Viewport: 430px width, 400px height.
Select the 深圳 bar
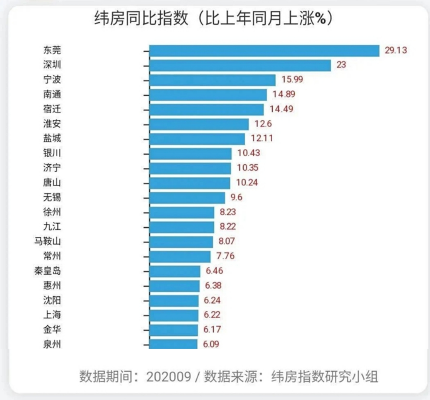pyautogui.click(x=240, y=65)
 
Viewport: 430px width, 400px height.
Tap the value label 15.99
pyautogui.click(x=292, y=79)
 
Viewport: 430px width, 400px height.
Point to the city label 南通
pyautogui.click(x=52, y=94)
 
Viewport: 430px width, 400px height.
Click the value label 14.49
pyautogui.click(x=281, y=109)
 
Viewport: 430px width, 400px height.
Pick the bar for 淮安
pyautogui.click(x=199, y=124)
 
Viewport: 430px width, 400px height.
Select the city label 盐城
pyautogui.click(x=52, y=138)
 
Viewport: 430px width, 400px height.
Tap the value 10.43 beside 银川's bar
pyautogui.click(x=248, y=153)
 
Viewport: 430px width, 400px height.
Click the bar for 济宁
pyautogui.click(x=190, y=168)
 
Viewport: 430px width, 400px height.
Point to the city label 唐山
pyautogui.click(x=52, y=183)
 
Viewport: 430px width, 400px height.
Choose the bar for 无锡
pyautogui.click(x=187, y=198)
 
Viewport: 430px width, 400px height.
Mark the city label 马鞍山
pyautogui.click(x=48, y=241)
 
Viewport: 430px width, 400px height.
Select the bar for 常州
pyautogui.click(x=180, y=256)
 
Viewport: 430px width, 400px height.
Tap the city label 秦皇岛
pyautogui.click(x=48, y=271)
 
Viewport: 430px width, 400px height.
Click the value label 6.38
pyautogui.click(x=213, y=286)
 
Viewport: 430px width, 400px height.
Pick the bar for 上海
pyautogui.click(x=174, y=315)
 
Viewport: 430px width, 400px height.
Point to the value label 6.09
pyautogui.click(x=211, y=344)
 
